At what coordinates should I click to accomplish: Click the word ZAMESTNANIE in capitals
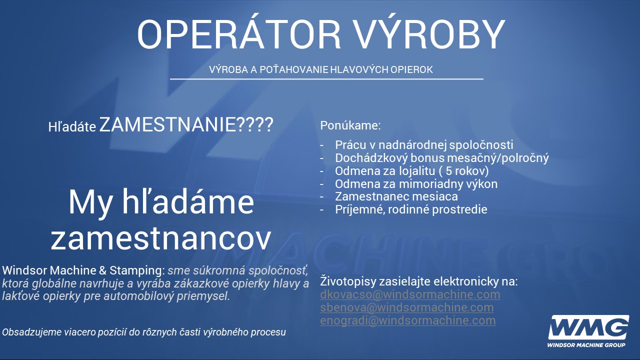[x=167, y=124]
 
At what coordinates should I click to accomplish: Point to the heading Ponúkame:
[x=350, y=125]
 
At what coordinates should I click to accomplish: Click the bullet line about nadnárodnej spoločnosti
[x=424, y=145]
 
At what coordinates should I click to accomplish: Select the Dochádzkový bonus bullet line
[x=441, y=158]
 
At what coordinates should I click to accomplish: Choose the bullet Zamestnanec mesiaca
[x=396, y=196]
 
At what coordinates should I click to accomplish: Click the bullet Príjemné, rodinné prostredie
[x=411, y=209]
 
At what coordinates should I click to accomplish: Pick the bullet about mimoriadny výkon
[x=416, y=183]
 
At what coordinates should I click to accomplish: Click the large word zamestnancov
[x=161, y=239]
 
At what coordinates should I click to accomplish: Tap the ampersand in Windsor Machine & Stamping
[x=103, y=270]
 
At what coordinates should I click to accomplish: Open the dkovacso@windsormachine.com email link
[x=410, y=294]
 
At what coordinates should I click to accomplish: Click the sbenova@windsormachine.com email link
[x=407, y=307]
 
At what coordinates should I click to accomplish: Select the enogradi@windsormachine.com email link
[x=407, y=320]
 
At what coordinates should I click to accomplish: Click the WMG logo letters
[x=588, y=327]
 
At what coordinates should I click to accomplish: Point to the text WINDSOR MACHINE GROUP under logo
[x=586, y=345]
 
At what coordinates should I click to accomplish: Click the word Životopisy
[x=347, y=281]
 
